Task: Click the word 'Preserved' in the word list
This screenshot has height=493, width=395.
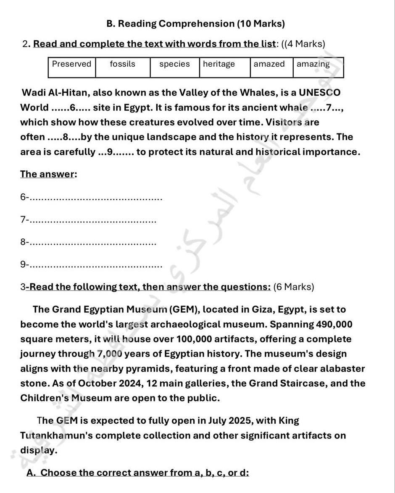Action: pyautogui.click(x=71, y=64)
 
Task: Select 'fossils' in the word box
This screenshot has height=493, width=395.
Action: pyautogui.click(x=122, y=64)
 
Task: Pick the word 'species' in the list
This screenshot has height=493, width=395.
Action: pyautogui.click(x=174, y=64)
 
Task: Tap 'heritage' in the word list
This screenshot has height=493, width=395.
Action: pyautogui.click(x=219, y=64)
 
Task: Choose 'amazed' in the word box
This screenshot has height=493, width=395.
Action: pyautogui.click(x=269, y=64)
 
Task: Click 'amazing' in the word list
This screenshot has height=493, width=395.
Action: pyautogui.click(x=313, y=64)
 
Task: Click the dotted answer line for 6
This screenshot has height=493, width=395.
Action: pyautogui.click(x=97, y=198)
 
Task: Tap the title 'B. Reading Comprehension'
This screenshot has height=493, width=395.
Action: pyautogui.click(x=196, y=24)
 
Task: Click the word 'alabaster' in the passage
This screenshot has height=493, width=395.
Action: pyautogui.click(x=341, y=369)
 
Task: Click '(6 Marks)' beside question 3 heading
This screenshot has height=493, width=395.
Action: pyautogui.click(x=293, y=287)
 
